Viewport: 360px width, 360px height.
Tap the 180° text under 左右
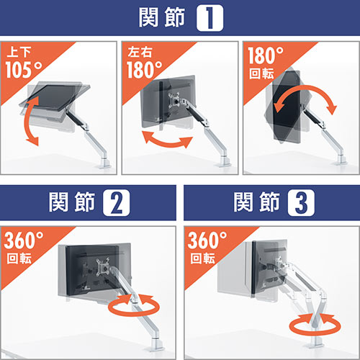coord(146,69)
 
